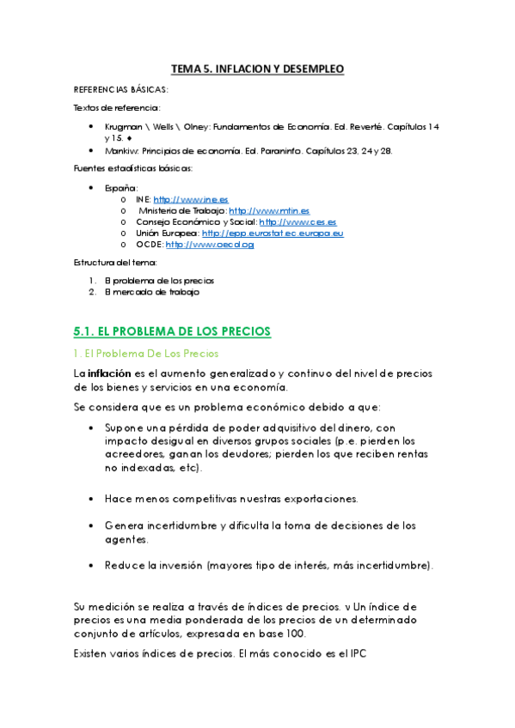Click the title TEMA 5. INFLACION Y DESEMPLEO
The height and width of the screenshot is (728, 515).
[258, 68]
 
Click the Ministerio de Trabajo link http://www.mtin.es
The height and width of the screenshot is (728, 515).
[269, 210]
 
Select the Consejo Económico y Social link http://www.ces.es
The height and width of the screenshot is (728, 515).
[294, 221]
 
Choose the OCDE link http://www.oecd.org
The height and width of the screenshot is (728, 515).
[209, 244]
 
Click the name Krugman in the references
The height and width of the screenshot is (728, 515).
[123, 126]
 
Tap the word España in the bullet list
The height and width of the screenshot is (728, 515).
[120, 188]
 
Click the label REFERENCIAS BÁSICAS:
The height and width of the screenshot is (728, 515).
[120, 89]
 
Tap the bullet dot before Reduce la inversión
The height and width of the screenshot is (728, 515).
[92, 566]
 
